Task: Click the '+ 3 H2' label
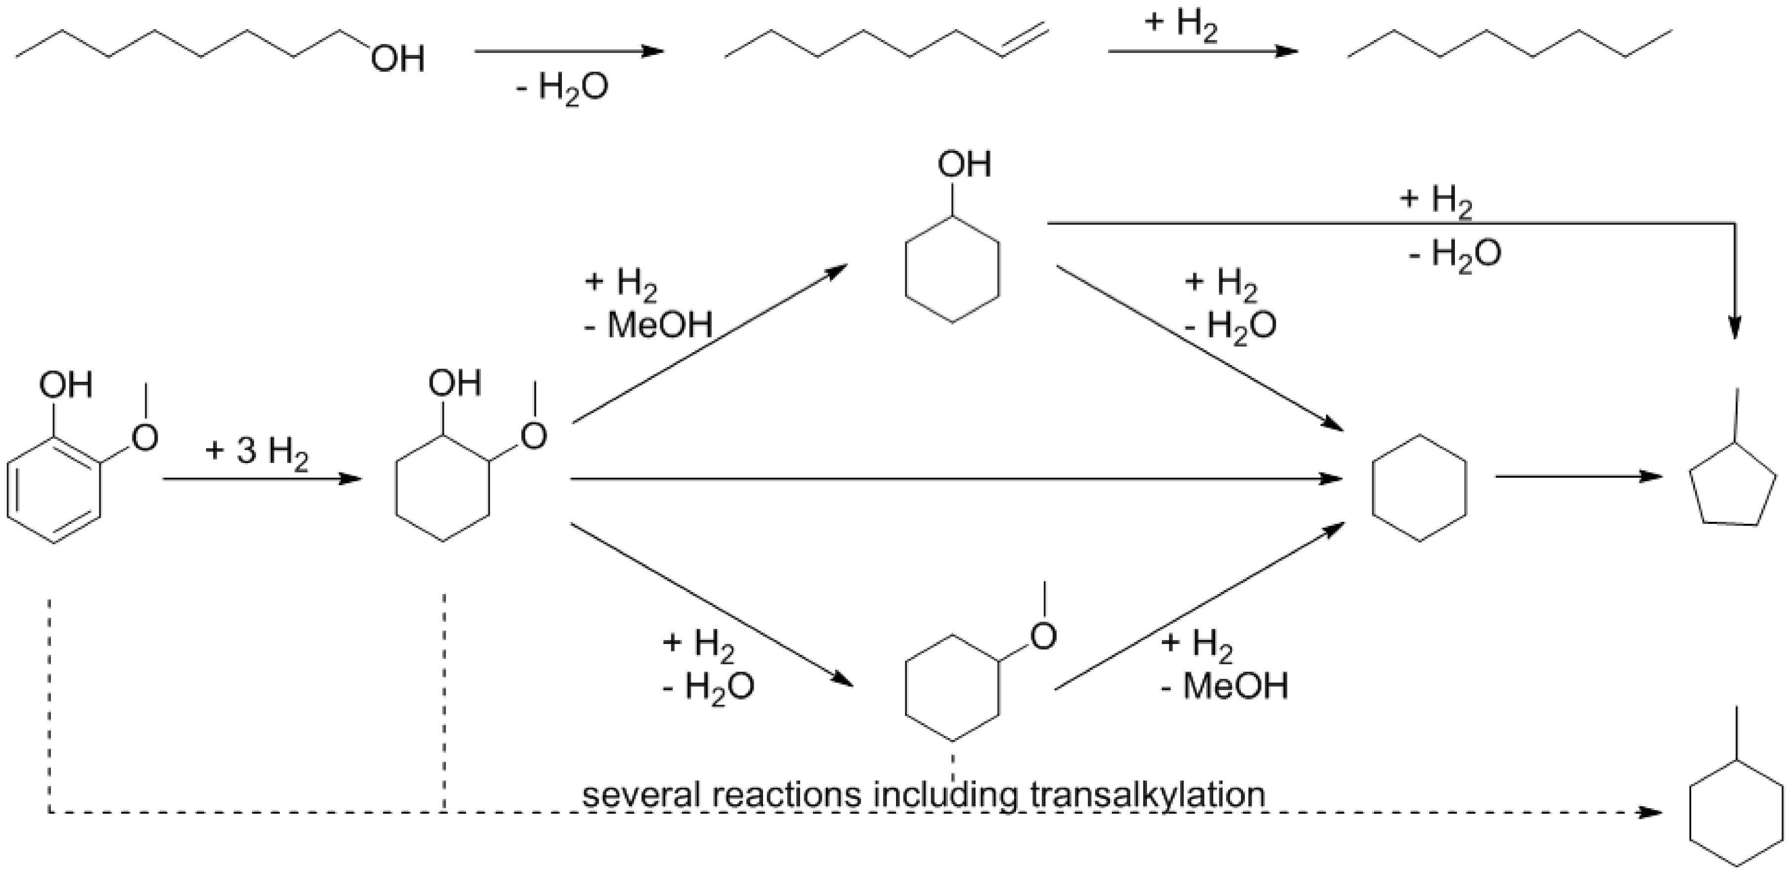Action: coord(256,453)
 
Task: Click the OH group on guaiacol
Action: coord(66,384)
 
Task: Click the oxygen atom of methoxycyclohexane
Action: coord(1043,636)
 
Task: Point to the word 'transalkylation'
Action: coord(1147,794)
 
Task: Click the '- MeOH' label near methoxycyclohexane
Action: coord(1224,686)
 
